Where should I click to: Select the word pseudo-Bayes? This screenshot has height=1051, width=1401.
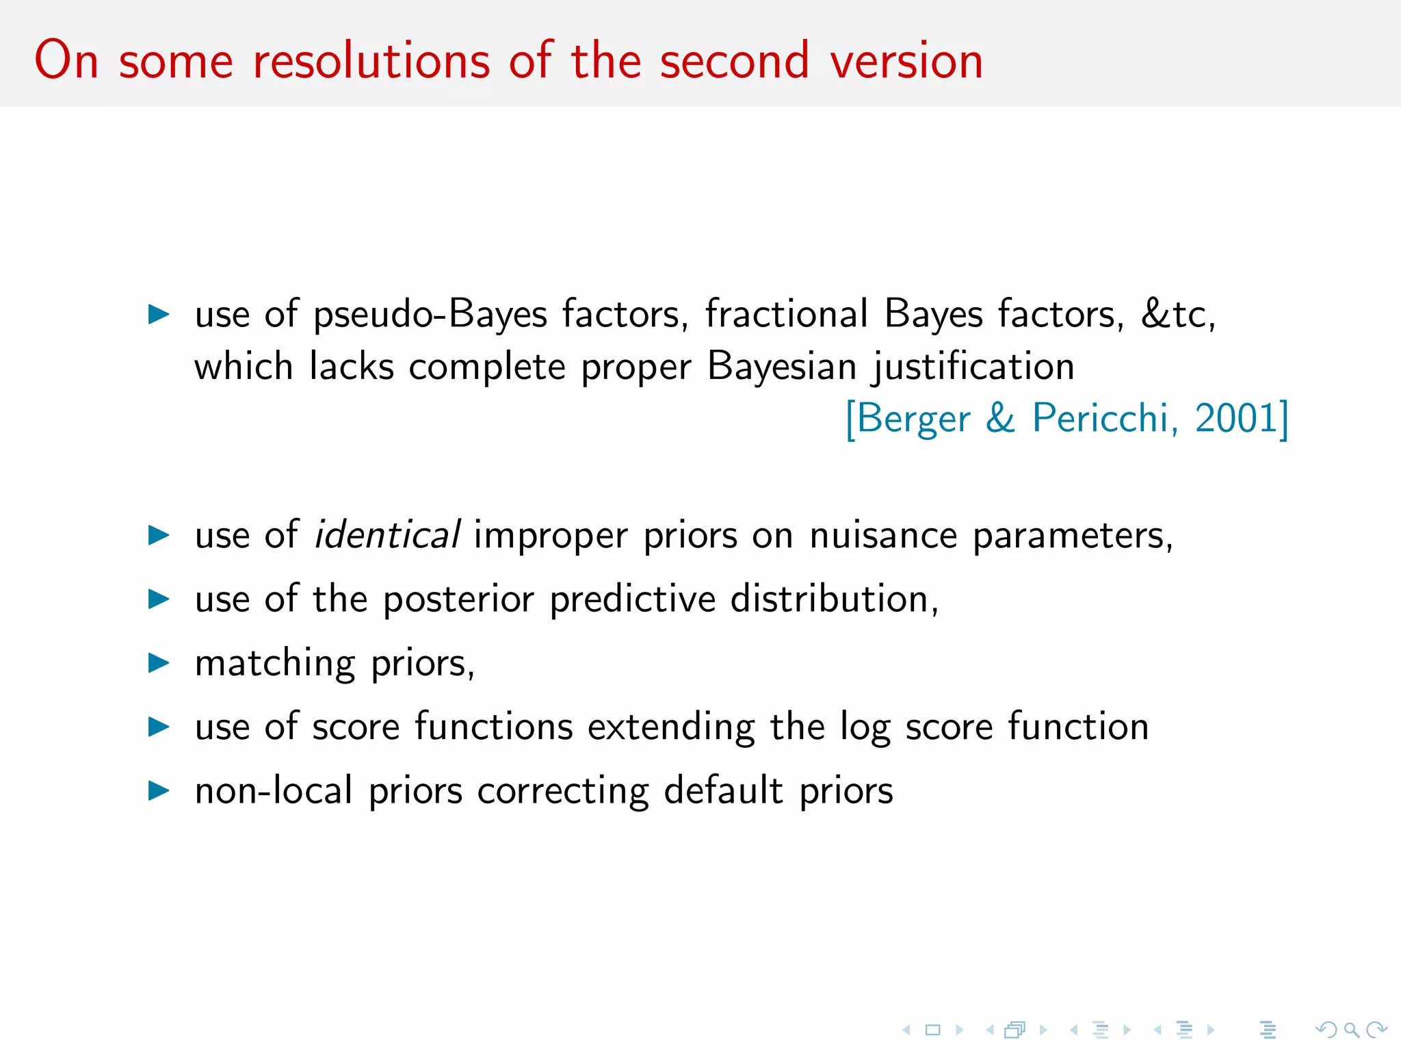pyautogui.click(x=430, y=314)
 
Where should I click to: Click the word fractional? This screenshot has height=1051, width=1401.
pyautogui.click(x=787, y=314)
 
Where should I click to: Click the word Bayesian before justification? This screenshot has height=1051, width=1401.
pyautogui.click(x=781, y=366)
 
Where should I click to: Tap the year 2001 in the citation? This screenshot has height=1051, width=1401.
pyautogui.click(x=1235, y=418)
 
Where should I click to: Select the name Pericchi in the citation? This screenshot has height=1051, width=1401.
pyautogui.click(x=1105, y=418)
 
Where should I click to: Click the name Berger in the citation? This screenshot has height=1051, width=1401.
pyautogui.click(x=913, y=419)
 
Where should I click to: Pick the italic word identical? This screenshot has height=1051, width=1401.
pyautogui.click(x=387, y=534)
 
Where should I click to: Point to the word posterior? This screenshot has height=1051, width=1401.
pyautogui.click(x=458, y=599)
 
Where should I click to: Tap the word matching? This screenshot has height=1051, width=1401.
pyautogui.click(x=275, y=664)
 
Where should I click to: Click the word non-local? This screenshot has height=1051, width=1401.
pyautogui.click(x=274, y=790)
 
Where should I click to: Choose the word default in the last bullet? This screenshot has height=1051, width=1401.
pyautogui.click(x=723, y=790)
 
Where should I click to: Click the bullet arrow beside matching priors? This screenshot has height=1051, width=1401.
pyautogui.click(x=159, y=662)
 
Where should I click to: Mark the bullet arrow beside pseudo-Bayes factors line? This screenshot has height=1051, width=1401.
pyautogui.click(x=159, y=314)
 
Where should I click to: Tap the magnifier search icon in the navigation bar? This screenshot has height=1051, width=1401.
pyautogui.click(x=1351, y=1029)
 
